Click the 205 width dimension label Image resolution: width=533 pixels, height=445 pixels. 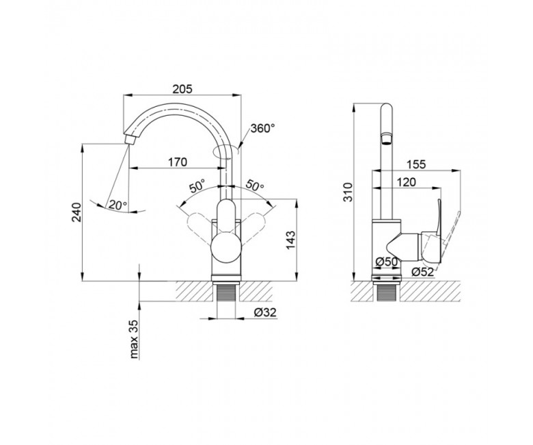click(x=182, y=89)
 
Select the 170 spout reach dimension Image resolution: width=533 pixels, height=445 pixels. click(x=178, y=162)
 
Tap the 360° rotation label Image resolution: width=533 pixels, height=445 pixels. click(x=262, y=128)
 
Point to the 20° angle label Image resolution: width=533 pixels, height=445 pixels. click(x=118, y=205)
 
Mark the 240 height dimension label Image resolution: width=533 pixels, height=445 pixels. click(x=77, y=212)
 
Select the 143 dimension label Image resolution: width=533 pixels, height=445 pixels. click(x=290, y=240)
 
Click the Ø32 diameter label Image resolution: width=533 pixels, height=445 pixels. click(x=265, y=312)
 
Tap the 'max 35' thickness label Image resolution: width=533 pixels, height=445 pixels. click(x=134, y=339)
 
